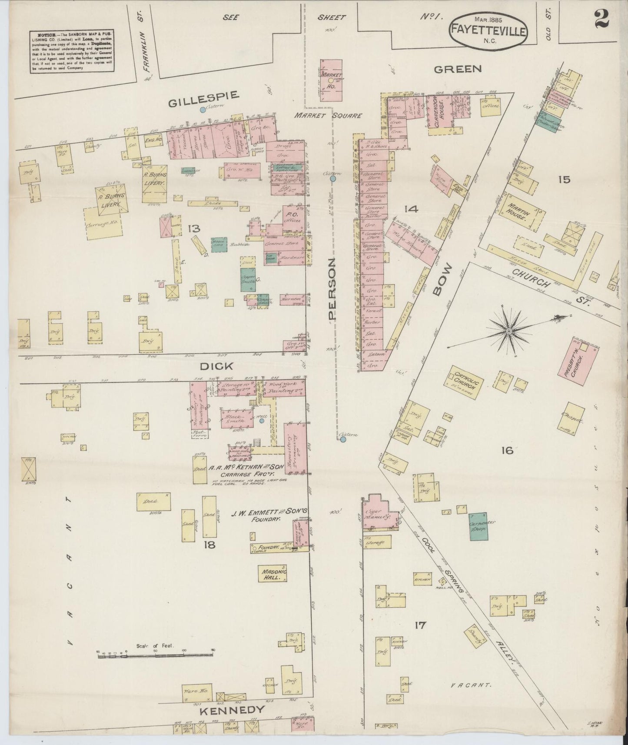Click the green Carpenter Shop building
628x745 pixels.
coord(478,526)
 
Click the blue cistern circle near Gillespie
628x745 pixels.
coord(203,110)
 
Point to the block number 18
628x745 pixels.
coord(209,544)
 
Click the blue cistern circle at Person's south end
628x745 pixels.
coord(343,439)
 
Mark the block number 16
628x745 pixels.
coord(507,450)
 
